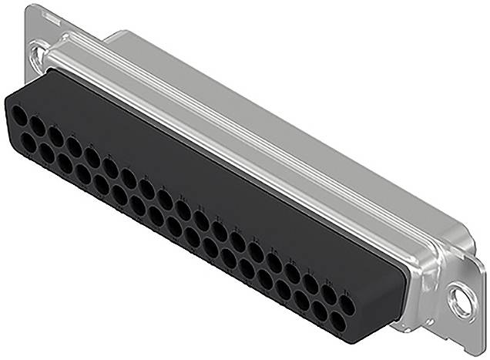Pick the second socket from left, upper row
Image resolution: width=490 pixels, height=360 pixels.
pyautogui.click(x=37, y=127)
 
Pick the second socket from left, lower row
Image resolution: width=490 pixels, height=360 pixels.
pyautogui.click(x=46, y=153)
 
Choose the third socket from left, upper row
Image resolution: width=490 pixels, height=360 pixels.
pyautogui.click(x=55, y=136)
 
